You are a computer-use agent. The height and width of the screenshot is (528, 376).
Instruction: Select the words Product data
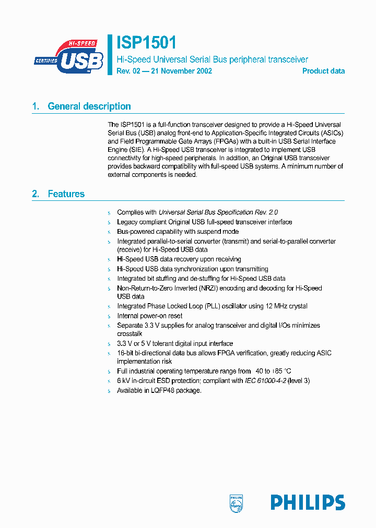[x=323, y=71]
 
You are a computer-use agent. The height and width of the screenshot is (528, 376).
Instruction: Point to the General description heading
[x=89, y=106]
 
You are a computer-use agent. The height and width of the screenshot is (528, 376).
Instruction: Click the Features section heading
[x=66, y=194]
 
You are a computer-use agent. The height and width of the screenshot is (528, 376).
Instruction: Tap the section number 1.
[x=36, y=106]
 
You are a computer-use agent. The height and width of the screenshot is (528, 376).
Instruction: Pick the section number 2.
[x=36, y=194]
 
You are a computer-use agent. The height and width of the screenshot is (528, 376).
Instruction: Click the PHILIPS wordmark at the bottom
[x=308, y=502]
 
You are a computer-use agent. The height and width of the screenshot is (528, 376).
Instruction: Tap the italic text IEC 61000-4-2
[x=265, y=381]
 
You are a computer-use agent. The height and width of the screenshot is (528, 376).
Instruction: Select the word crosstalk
[x=130, y=333]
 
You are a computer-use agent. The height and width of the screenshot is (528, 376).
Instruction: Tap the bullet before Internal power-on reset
[x=110, y=316]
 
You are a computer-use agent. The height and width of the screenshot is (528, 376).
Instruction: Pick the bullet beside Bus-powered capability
[x=110, y=232]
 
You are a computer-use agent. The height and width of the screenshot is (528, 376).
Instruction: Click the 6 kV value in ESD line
[x=123, y=381]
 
